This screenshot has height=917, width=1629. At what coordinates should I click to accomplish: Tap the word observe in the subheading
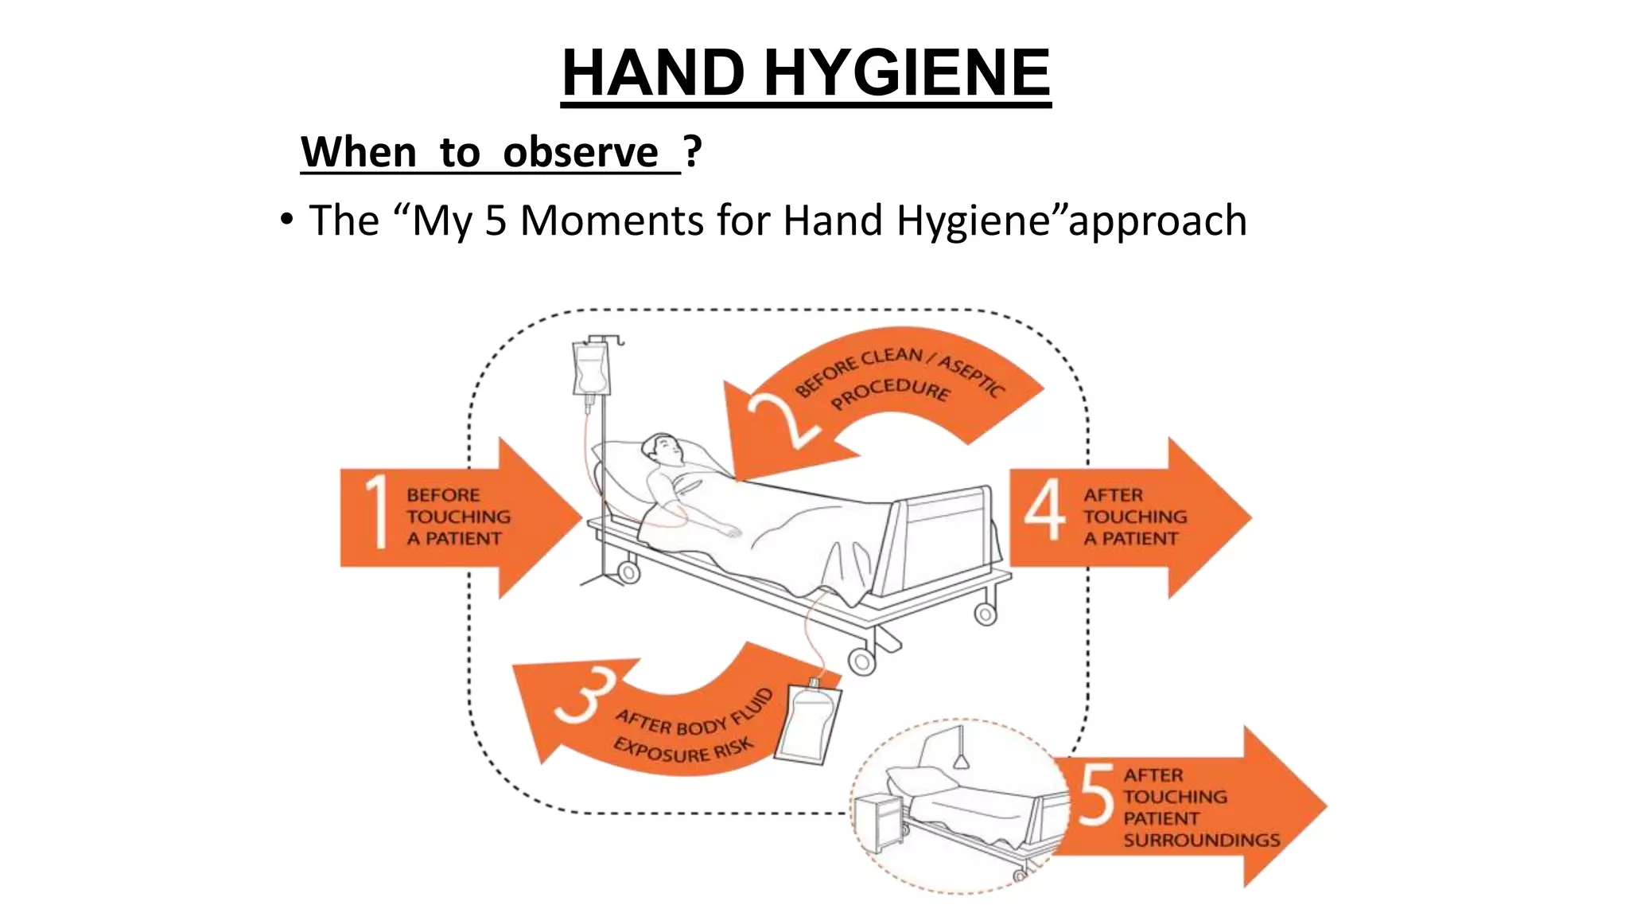tap(580, 152)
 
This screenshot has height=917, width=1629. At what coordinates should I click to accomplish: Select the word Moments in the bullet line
tap(612, 220)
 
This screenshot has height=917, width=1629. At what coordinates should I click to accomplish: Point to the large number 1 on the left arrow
tap(377, 511)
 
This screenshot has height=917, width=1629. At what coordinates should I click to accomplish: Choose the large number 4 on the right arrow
tap(1044, 509)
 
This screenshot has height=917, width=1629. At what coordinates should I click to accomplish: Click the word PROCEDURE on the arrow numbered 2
tap(890, 392)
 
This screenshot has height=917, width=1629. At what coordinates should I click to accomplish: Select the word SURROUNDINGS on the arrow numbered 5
tap(1201, 840)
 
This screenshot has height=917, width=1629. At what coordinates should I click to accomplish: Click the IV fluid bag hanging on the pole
tap(590, 368)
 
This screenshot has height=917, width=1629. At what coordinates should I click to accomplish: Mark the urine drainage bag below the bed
tap(808, 723)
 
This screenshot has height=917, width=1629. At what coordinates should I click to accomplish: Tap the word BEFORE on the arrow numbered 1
tap(443, 495)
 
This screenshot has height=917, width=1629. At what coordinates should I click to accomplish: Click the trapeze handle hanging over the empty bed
tap(961, 760)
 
